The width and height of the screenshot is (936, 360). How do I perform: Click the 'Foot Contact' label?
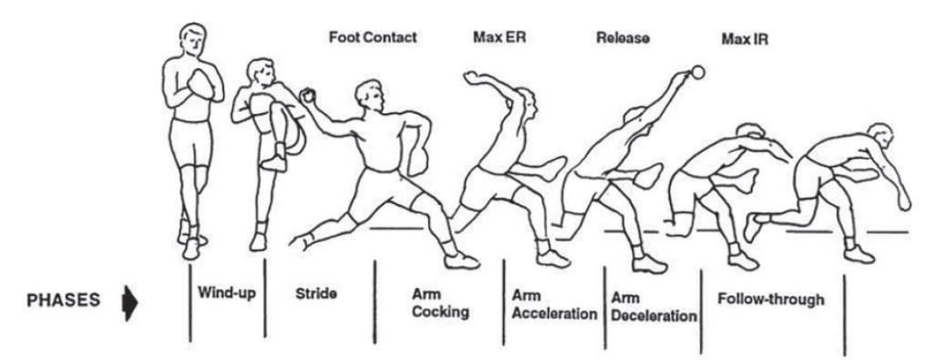point(372,39)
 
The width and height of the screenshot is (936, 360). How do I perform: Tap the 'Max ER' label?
point(495,39)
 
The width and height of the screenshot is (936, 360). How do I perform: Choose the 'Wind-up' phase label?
point(225,294)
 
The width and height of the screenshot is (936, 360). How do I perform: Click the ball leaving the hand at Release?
point(698,71)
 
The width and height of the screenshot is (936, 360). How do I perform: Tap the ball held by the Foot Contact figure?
point(307,95)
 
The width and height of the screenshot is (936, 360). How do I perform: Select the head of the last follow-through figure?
point(879,139)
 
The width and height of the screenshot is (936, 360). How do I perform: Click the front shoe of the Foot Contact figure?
point(461,261)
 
